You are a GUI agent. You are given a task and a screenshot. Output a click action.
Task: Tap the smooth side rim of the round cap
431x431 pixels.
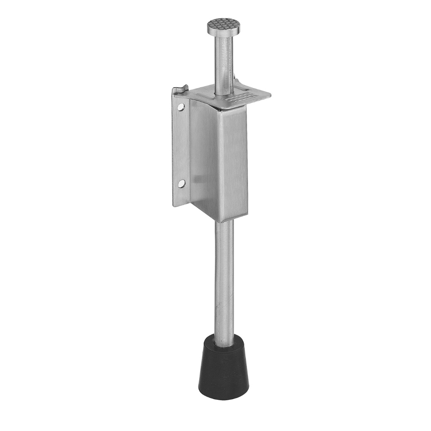click(223, 32)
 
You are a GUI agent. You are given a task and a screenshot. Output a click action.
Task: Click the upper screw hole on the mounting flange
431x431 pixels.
click(181, 107)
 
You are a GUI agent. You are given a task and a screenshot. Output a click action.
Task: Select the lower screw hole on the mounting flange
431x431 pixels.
click(181, 184)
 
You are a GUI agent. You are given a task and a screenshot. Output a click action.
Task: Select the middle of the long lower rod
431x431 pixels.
click(224, 282)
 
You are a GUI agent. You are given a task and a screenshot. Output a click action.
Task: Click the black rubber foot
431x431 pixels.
click(223, 370)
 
